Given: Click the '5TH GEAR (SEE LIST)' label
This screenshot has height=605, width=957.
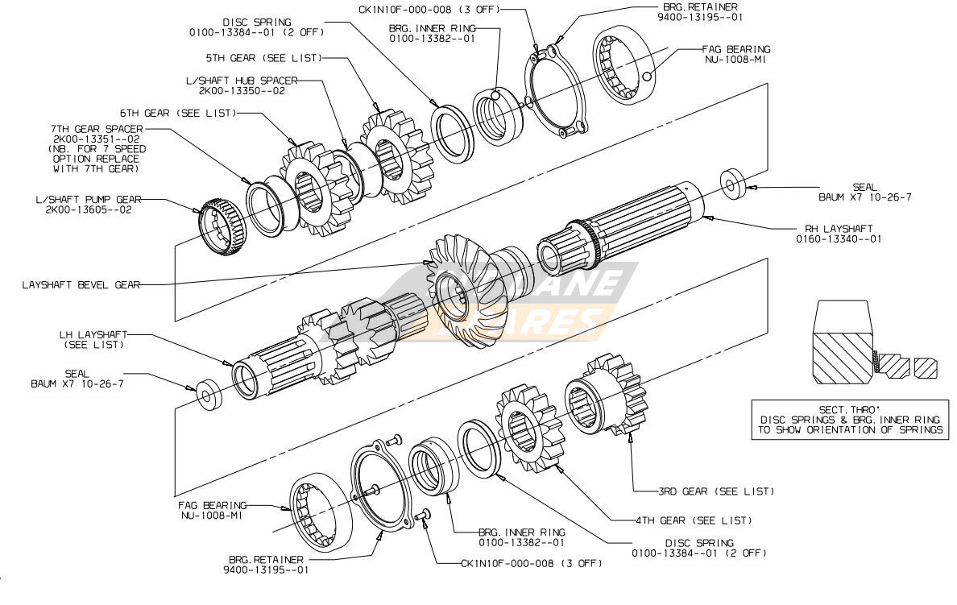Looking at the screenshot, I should [263, 58].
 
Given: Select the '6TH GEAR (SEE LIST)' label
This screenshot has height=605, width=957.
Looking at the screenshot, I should [177, 114].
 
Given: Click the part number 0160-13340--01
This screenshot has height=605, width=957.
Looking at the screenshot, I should [839, 238].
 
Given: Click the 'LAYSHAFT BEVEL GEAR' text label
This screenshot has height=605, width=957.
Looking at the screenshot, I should [81, 284].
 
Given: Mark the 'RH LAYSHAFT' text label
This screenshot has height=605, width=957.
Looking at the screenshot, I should [839, 229].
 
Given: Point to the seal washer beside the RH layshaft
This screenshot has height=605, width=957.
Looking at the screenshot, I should [731, 184].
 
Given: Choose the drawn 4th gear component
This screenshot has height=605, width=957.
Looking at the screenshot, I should [531, 429].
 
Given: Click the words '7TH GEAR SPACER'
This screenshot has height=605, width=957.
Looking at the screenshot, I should [97, 129].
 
